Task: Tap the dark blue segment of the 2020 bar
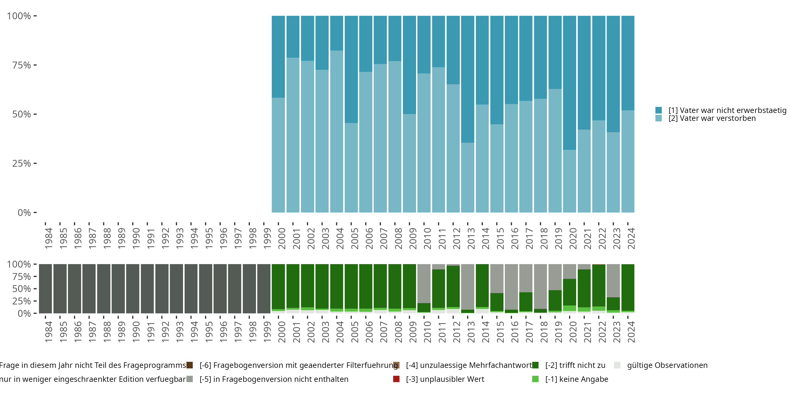point(570,83)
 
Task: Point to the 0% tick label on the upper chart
point(24,213)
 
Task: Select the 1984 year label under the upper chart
point(48,239)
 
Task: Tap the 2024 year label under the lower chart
point(631,332)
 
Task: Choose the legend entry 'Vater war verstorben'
point(712,118)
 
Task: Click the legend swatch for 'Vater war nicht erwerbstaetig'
point(658,110)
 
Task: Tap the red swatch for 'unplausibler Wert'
point(396,379)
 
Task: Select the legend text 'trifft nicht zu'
point(575,365)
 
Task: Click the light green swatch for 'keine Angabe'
point(535,379)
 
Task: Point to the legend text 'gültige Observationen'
point(667,365)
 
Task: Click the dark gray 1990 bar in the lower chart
point(133,289)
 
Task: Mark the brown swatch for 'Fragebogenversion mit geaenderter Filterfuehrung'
point(190,365)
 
